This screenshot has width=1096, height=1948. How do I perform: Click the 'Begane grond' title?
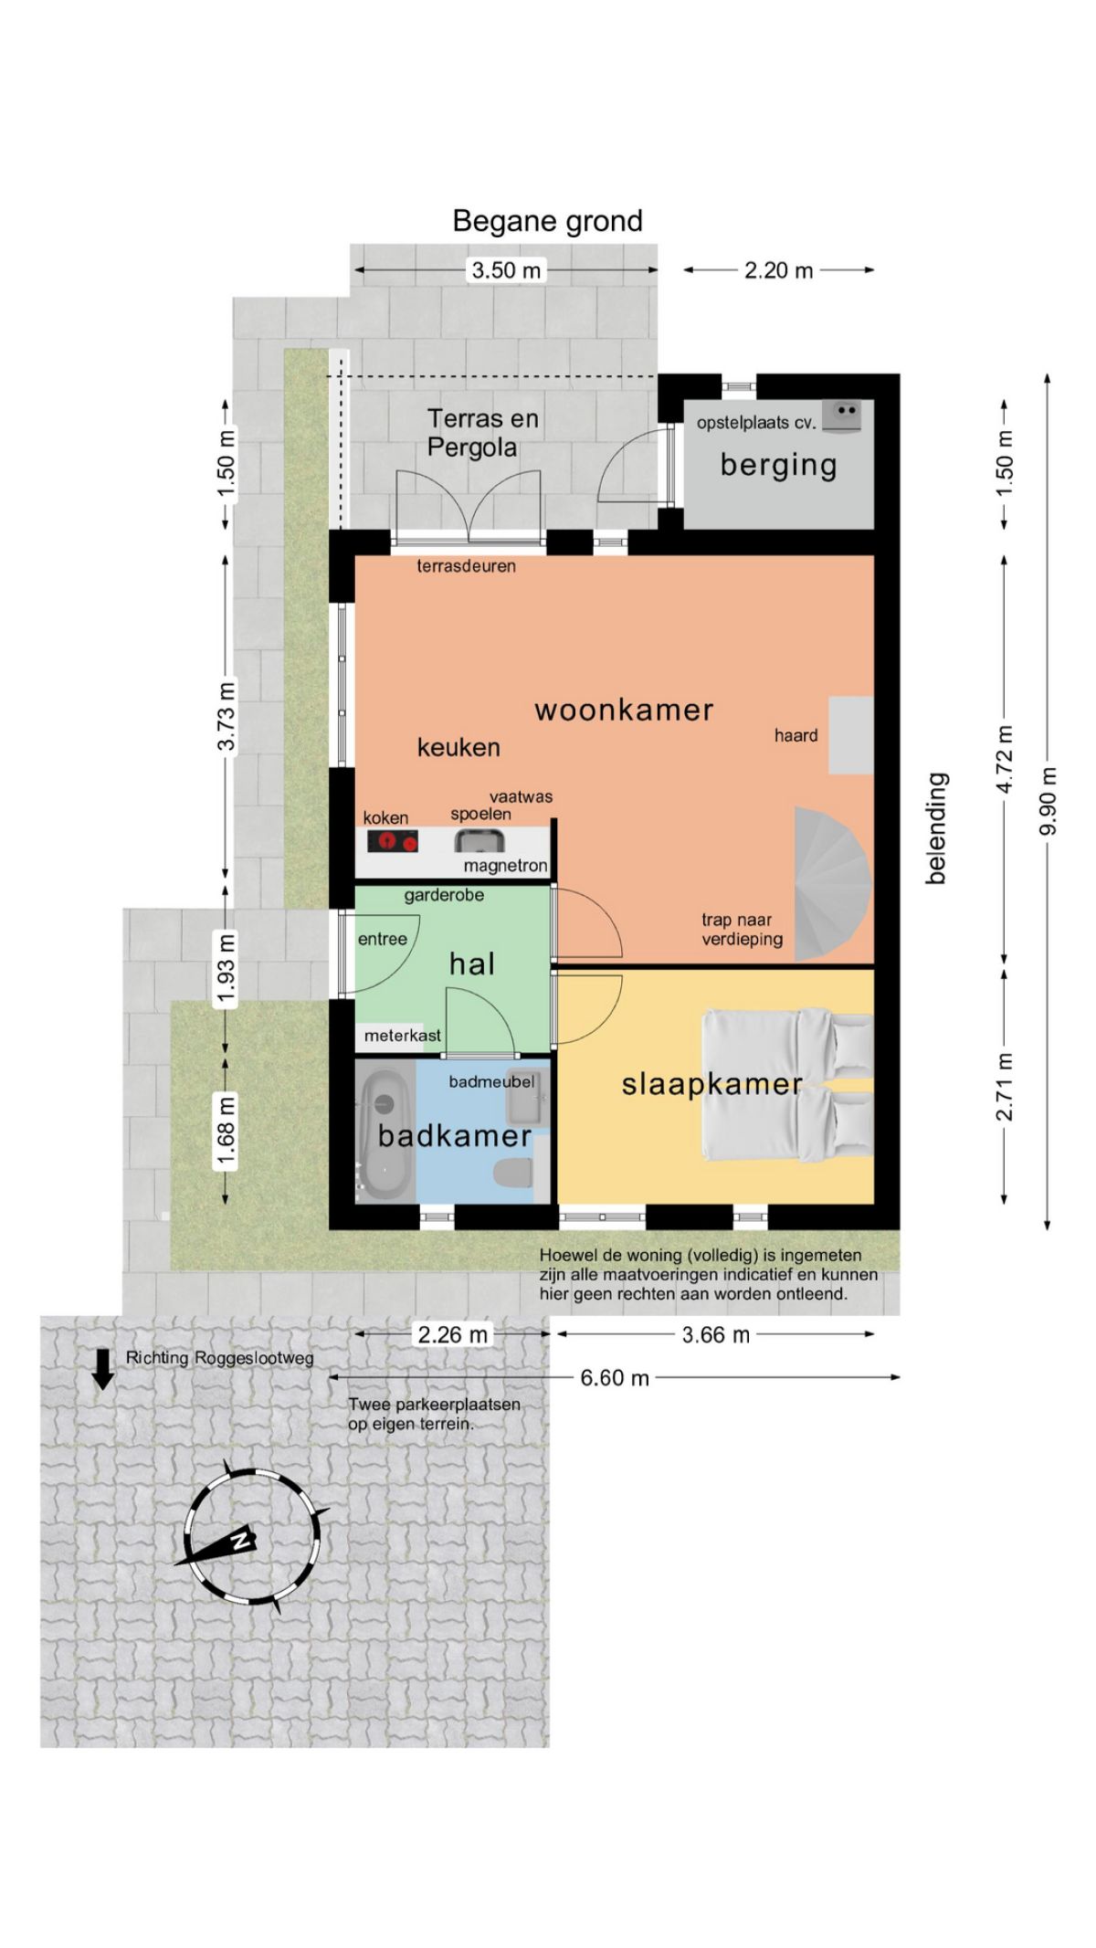point(548,221)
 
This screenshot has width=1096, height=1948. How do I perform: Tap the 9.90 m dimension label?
point(1049,801)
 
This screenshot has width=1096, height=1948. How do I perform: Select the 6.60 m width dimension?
point(615,1377)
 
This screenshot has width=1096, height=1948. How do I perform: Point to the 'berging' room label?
point(778,465)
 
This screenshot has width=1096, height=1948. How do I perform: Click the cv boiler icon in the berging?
point(841,416)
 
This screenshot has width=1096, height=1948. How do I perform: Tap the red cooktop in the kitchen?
point(392,841)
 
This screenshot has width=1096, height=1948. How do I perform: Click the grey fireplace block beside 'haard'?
point(851,734)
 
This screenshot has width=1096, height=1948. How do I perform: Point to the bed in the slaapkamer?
point(787,1086)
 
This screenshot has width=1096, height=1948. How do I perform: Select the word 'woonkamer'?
point(624,710)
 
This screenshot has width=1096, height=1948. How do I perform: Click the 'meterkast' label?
point(402,1036)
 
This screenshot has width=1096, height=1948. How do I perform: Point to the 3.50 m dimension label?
point(506,270)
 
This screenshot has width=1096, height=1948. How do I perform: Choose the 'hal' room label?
point(472,963)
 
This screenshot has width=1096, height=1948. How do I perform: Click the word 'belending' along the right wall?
point(937,827)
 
